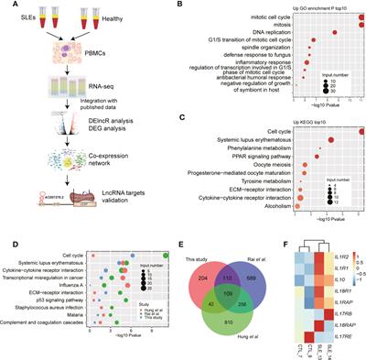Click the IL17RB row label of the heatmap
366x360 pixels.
coord(351,313)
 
